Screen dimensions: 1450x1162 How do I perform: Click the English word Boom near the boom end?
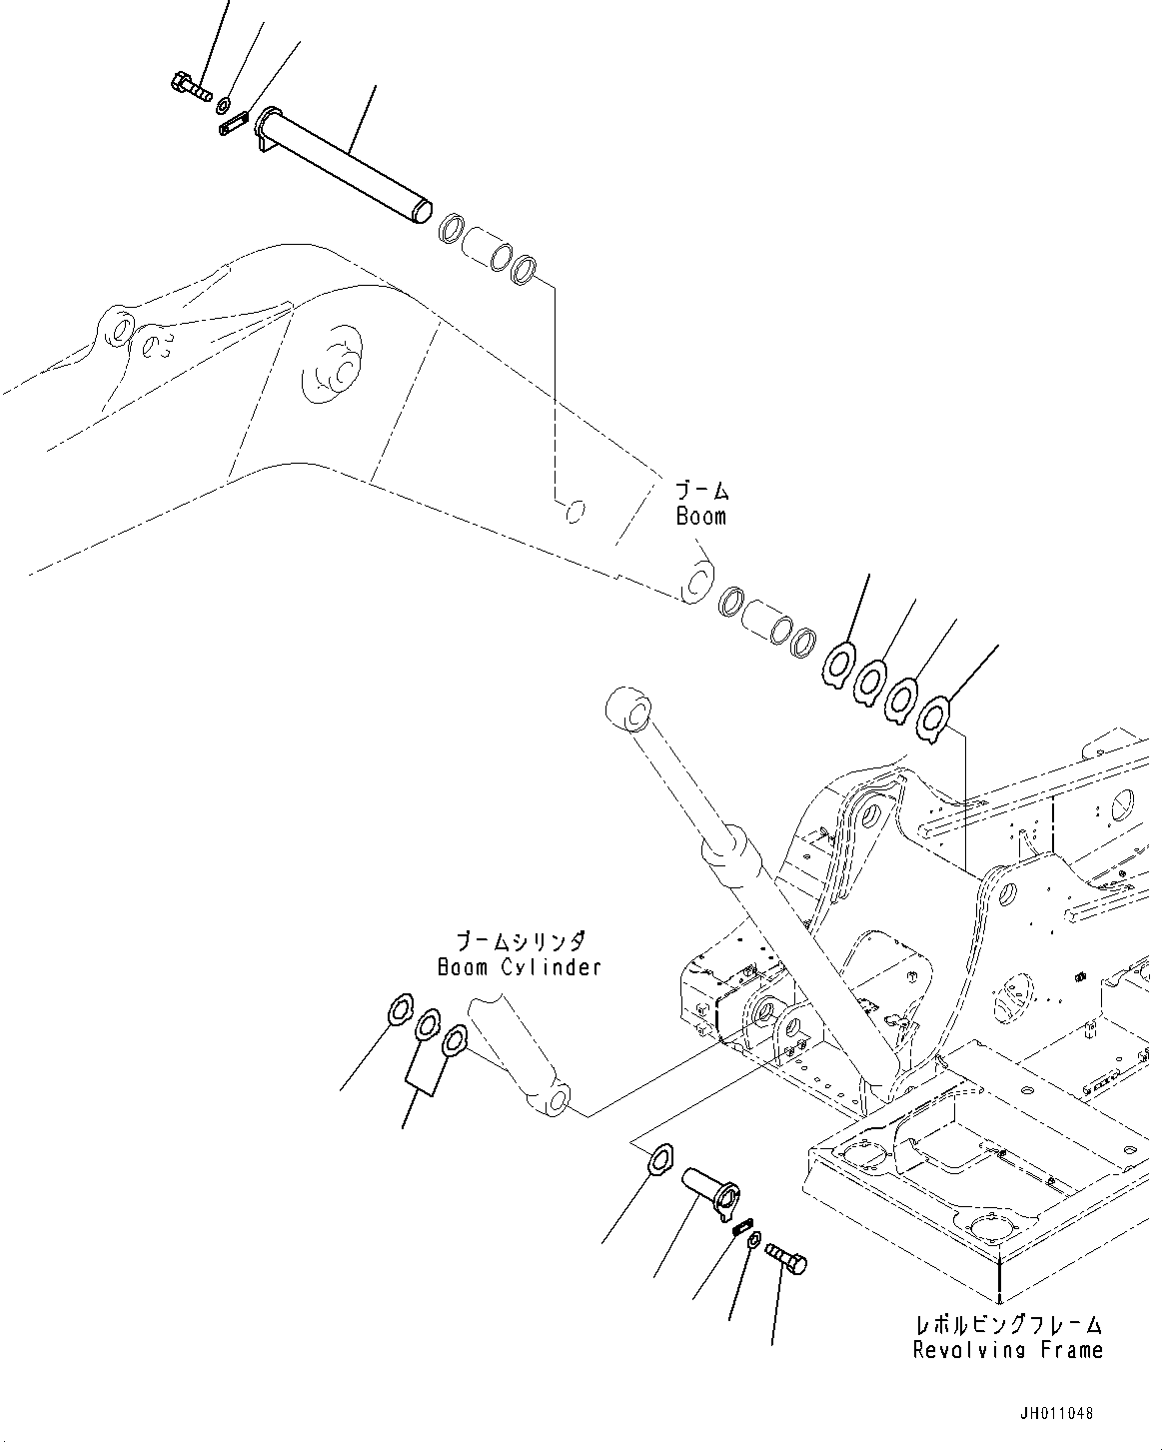pos(700,517)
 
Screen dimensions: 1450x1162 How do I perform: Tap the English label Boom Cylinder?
pos(519,967)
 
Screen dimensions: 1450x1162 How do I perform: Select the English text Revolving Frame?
pos(1007,1350)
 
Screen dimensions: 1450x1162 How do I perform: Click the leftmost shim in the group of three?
pos(400,1012)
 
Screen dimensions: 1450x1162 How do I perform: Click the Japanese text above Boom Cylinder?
pos(520,941)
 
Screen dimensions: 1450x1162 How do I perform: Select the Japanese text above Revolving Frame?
pos(1008,1325)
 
